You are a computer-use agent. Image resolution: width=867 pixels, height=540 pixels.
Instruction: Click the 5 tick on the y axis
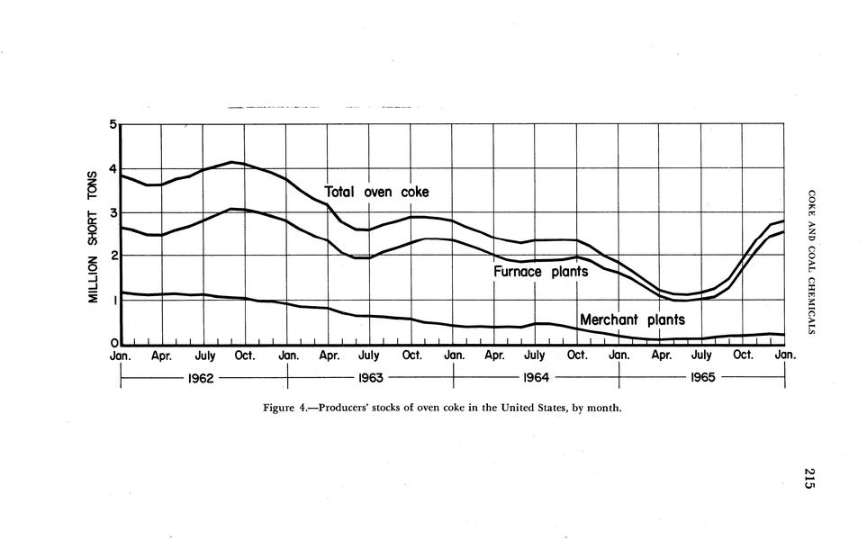114,124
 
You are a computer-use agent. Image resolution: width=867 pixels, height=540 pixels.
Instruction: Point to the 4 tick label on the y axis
114,168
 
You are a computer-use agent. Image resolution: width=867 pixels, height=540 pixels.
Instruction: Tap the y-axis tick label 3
114,212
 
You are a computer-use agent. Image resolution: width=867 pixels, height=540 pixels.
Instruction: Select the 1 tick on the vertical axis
114,301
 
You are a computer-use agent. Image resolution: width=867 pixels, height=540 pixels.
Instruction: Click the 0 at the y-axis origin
114,344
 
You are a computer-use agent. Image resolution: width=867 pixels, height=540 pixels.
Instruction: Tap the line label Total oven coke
376,192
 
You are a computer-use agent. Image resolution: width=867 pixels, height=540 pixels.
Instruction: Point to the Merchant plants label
632,319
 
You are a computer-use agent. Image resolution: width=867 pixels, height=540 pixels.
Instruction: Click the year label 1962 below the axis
200,377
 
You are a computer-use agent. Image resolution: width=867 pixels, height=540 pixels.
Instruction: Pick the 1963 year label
371,377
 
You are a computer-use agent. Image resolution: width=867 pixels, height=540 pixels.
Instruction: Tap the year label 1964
535,377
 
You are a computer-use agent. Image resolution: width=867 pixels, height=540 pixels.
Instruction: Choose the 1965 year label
702,377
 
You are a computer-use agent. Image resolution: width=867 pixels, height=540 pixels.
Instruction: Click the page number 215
809,479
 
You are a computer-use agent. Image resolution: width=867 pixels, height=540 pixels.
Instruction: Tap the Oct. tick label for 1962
244,356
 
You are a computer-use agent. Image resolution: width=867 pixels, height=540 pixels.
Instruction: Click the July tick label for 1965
701,356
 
